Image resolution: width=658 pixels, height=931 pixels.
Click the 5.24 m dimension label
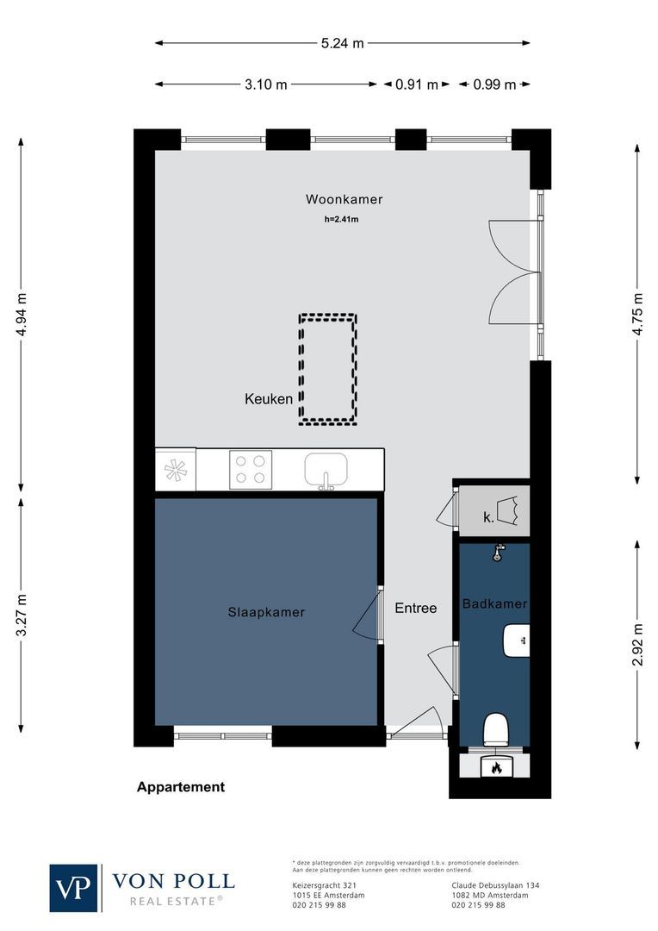(x=342, y=43)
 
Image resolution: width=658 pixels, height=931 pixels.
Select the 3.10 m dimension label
(x=265, y=84)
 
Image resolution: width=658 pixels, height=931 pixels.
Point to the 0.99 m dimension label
(x=494, y=84)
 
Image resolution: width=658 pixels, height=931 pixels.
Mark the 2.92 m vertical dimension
(x=637, y=645)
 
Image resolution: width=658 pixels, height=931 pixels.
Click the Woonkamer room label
(x=344, y=199)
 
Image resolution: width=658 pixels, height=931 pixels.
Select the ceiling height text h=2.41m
(x=341, y=220)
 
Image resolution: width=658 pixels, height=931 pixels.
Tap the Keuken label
(x=269, y=399)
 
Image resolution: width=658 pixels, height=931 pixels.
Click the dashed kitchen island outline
(x=328, y=369)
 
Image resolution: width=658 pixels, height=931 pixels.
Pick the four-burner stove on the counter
(x=250, y=470)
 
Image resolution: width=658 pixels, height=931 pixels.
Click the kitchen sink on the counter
(x=326, y=471)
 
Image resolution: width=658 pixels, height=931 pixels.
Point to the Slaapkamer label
(x=266, y=612)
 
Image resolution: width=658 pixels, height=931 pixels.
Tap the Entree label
(x=416, y=608)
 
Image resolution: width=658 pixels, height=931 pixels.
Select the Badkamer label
(x=494, y=604)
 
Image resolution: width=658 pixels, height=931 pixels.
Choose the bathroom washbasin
(x=516, y=639)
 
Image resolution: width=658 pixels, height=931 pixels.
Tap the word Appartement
(x=181, y=786)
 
